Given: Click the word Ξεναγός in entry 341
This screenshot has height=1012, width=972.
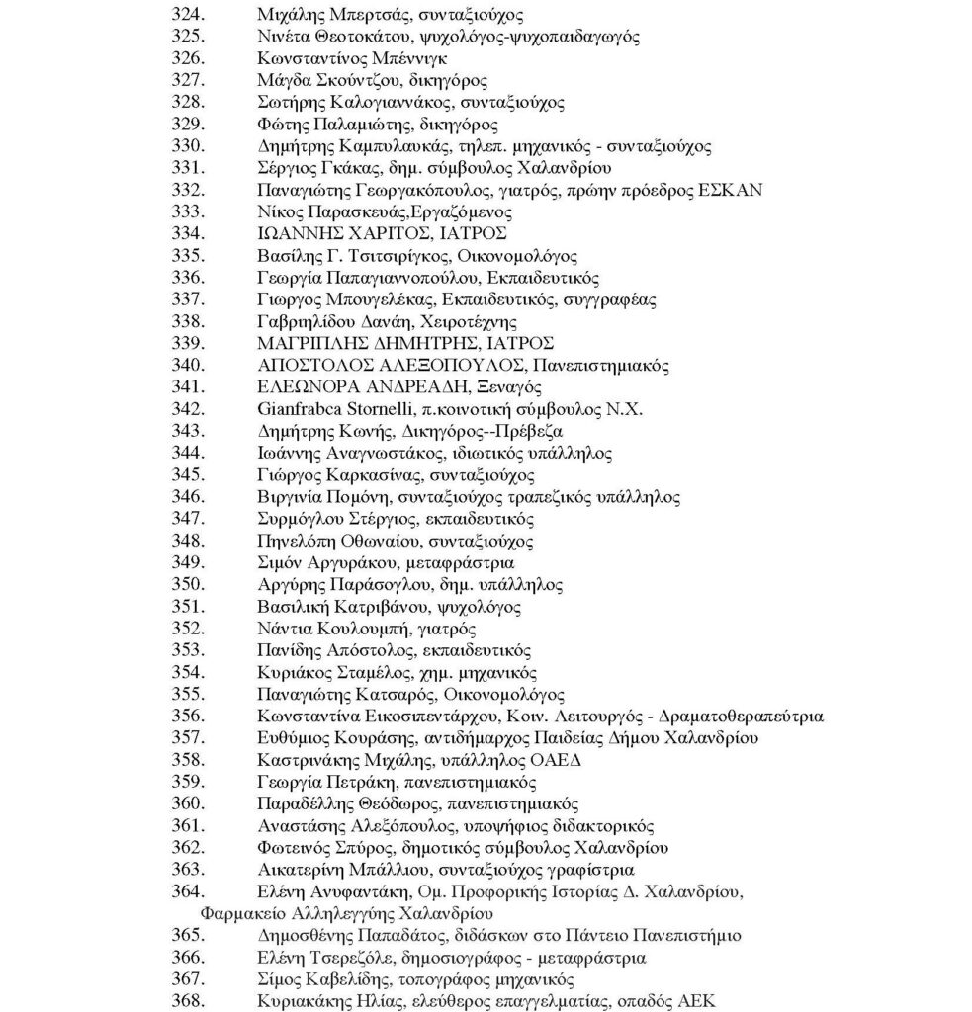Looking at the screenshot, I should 507,386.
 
